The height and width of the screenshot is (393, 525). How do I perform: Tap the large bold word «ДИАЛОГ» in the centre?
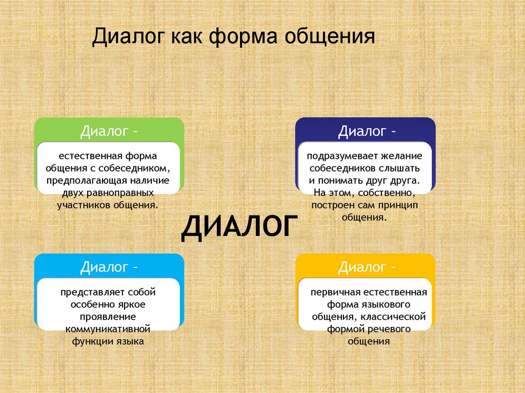(x=239, y=228)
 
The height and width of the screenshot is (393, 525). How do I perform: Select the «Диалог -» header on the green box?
(x=109, y=131)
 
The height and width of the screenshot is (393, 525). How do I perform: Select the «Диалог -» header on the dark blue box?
(x=367, y=131)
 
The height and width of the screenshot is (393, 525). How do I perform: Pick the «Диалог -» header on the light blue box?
(x=109, y=267)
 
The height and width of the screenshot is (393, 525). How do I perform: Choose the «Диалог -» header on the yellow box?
(x=367, y=267)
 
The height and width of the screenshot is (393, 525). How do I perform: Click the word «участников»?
(x=85, y=205)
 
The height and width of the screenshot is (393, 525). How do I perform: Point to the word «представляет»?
(x=89, y=292)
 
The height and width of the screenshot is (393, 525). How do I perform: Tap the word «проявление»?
(x=108, y=316)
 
